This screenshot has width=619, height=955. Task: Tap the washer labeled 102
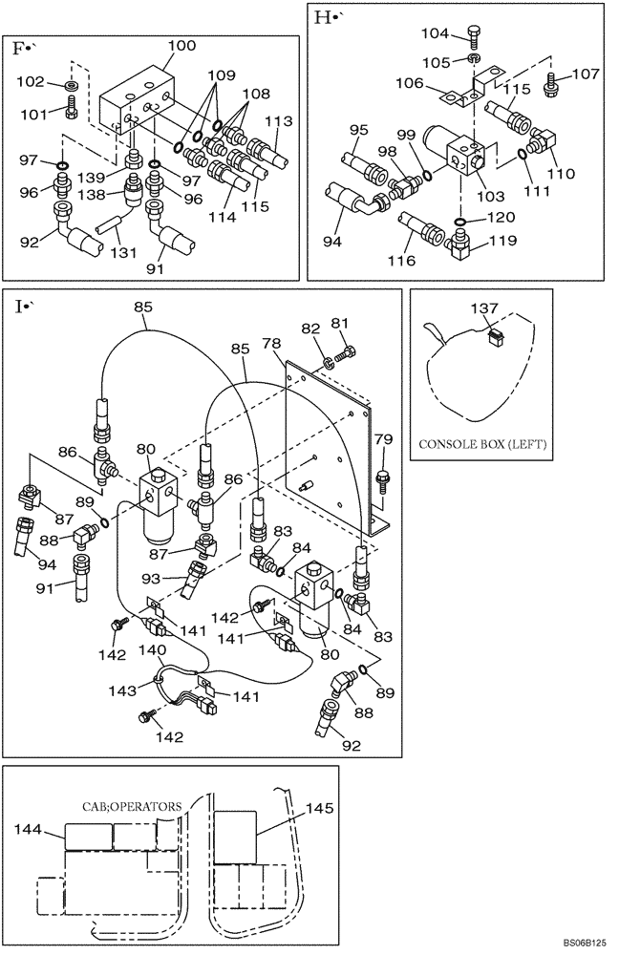point(72,87)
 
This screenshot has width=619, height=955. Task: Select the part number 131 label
point(121,254)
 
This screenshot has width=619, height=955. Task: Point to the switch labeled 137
point(494,336)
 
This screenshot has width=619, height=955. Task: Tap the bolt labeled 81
point(343,356)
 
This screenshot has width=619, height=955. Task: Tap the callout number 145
point(320,808)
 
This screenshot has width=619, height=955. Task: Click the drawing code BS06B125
point(584,944)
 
